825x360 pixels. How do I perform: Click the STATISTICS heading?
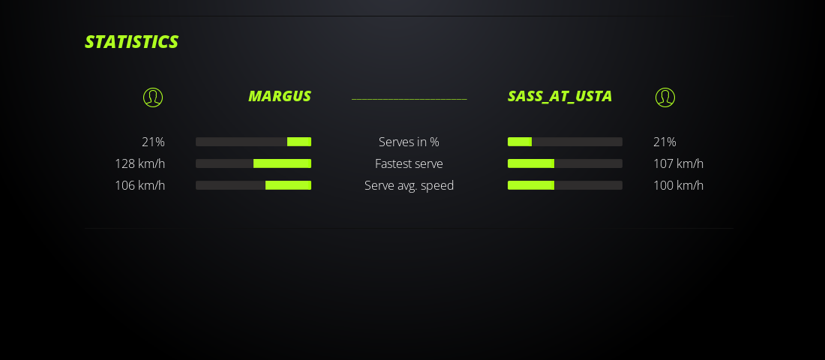(131, 42)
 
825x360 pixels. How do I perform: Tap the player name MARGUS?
(280, 96)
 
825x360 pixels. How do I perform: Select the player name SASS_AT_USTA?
(559, 97)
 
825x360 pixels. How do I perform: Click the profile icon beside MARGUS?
(153, 97)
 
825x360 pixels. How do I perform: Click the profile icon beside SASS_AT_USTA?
(665, 97)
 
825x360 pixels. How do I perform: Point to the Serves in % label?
(409, 142)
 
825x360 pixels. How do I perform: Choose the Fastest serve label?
(409, 163)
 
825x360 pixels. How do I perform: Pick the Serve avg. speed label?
(409, 186)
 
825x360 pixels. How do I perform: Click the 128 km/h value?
(140, 163)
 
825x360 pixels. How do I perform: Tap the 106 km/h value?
(140, 186)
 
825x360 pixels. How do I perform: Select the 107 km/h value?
(678, 163)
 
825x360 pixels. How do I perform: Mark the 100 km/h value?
(678, 186)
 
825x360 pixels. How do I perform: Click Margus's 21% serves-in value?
(153, 142)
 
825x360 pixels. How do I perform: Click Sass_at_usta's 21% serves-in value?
(664, 142)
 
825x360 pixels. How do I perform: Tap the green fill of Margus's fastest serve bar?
(283, 163)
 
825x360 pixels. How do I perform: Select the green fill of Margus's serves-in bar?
(299, 142)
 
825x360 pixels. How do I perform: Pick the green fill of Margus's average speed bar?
(288, 185)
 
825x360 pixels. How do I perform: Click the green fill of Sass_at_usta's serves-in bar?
(520, 142)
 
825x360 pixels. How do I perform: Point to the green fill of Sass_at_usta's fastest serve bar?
(531, 163)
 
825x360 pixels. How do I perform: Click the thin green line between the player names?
(409, 99)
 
